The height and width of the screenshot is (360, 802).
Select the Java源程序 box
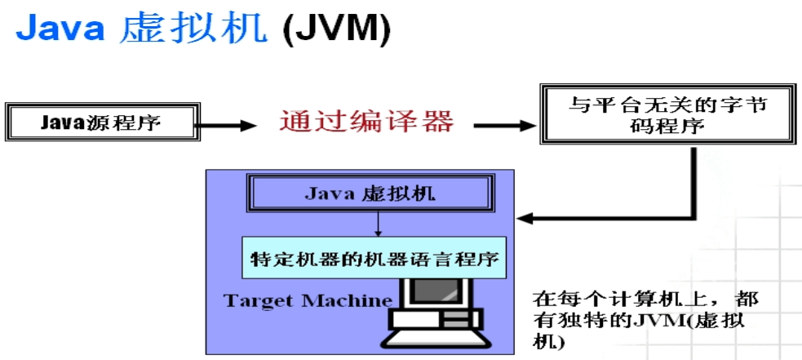coord(101,123)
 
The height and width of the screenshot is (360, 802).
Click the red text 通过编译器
coord(366,122)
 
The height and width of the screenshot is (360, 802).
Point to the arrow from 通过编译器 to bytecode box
coord(506,125)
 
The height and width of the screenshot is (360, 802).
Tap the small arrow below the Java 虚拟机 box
coord(379,225)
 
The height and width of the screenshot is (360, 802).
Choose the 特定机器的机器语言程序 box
coord(374,258)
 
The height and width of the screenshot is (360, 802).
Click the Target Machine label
coord(308,300)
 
